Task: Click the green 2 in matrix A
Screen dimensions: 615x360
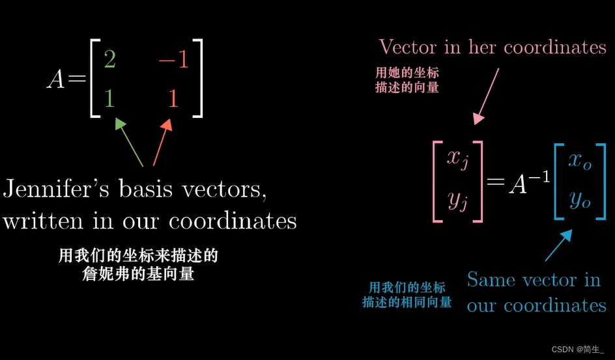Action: (109, 61)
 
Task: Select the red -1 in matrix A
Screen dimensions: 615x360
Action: (173, 61)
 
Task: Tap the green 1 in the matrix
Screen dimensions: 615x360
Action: (109, 99)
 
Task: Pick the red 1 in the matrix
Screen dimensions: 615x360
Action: (173, 99)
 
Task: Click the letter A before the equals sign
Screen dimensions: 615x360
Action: (56, 79)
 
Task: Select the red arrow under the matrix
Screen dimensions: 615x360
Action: (162, 141)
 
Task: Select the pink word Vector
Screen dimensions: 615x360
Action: (408, 47)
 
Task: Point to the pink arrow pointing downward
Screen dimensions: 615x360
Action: (488, 95)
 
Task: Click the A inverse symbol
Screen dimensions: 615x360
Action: (527, 184)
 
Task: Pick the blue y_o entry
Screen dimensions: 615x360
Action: (579, 201)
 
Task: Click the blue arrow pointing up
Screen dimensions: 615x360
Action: (558, 245)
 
